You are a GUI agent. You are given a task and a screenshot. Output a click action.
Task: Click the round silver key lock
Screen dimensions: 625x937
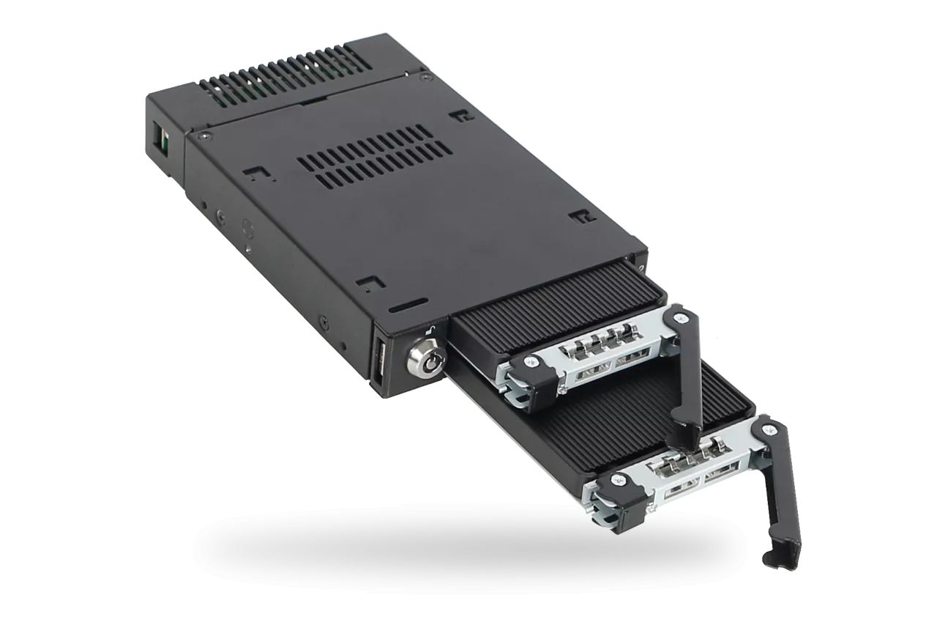pyautogui.click(x=426, y=361)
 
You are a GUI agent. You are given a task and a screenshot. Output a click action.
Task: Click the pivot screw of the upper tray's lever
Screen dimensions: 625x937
pyautogui.click(x=682, y=317)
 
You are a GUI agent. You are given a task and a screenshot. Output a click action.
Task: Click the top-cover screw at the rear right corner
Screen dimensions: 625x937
pyautogui.click(x=423, y=75)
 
